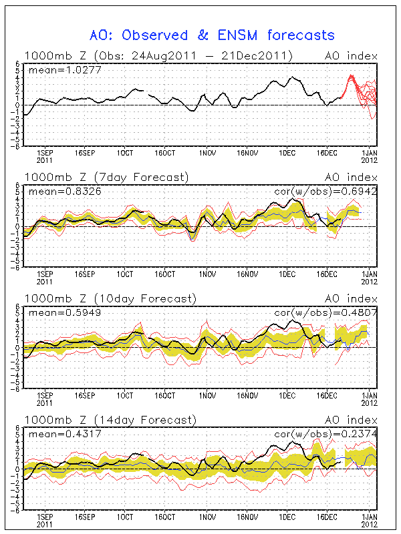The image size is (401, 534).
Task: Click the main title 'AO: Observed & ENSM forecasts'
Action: (212, 35)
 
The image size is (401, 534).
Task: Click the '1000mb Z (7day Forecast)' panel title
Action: (106, 177)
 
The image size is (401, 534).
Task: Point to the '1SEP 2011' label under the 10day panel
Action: (44, 398)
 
